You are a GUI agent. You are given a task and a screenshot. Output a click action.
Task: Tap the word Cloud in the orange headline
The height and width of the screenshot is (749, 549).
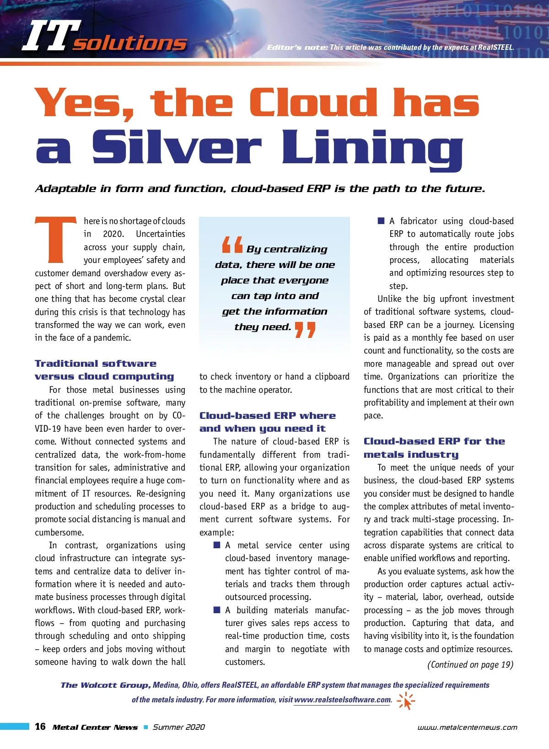[314, 103]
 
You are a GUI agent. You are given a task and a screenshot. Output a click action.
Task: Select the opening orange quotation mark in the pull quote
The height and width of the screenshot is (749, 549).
[232, 245]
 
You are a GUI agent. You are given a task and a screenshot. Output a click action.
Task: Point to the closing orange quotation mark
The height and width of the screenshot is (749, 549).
[305, 329]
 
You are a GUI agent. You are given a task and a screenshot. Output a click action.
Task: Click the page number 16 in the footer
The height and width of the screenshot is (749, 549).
[40, 727]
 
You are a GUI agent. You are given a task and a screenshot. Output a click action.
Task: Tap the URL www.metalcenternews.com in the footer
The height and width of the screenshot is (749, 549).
[467, 727]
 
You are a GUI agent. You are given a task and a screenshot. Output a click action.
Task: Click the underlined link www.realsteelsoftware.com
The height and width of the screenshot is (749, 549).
[343, 700]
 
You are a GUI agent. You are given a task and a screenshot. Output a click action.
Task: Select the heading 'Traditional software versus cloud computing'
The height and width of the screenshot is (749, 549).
[104, 370]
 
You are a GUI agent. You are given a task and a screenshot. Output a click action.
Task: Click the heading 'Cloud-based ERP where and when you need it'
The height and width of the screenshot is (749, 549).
[268, 422]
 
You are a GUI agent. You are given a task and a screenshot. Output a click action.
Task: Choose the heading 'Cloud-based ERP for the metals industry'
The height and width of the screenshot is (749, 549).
[434, 448]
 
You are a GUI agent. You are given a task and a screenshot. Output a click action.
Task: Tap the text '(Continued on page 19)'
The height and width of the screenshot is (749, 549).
[470, 664]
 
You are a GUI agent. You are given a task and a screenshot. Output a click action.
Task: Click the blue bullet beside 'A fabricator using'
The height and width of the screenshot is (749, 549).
[381, 221]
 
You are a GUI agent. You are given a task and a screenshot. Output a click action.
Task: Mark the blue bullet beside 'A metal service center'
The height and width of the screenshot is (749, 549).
[217, 545]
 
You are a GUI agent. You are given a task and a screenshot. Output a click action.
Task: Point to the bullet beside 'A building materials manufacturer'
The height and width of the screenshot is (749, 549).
[217, 610]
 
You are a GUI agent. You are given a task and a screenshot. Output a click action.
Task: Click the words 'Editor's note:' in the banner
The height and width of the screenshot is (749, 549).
[297, 47]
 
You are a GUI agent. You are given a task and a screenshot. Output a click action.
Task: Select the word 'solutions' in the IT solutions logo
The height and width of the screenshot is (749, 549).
[130, 43]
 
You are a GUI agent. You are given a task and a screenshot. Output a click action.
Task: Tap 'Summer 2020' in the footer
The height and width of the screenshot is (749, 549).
[179, 727]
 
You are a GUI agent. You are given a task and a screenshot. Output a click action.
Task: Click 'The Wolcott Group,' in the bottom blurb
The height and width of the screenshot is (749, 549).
[105, 685]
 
